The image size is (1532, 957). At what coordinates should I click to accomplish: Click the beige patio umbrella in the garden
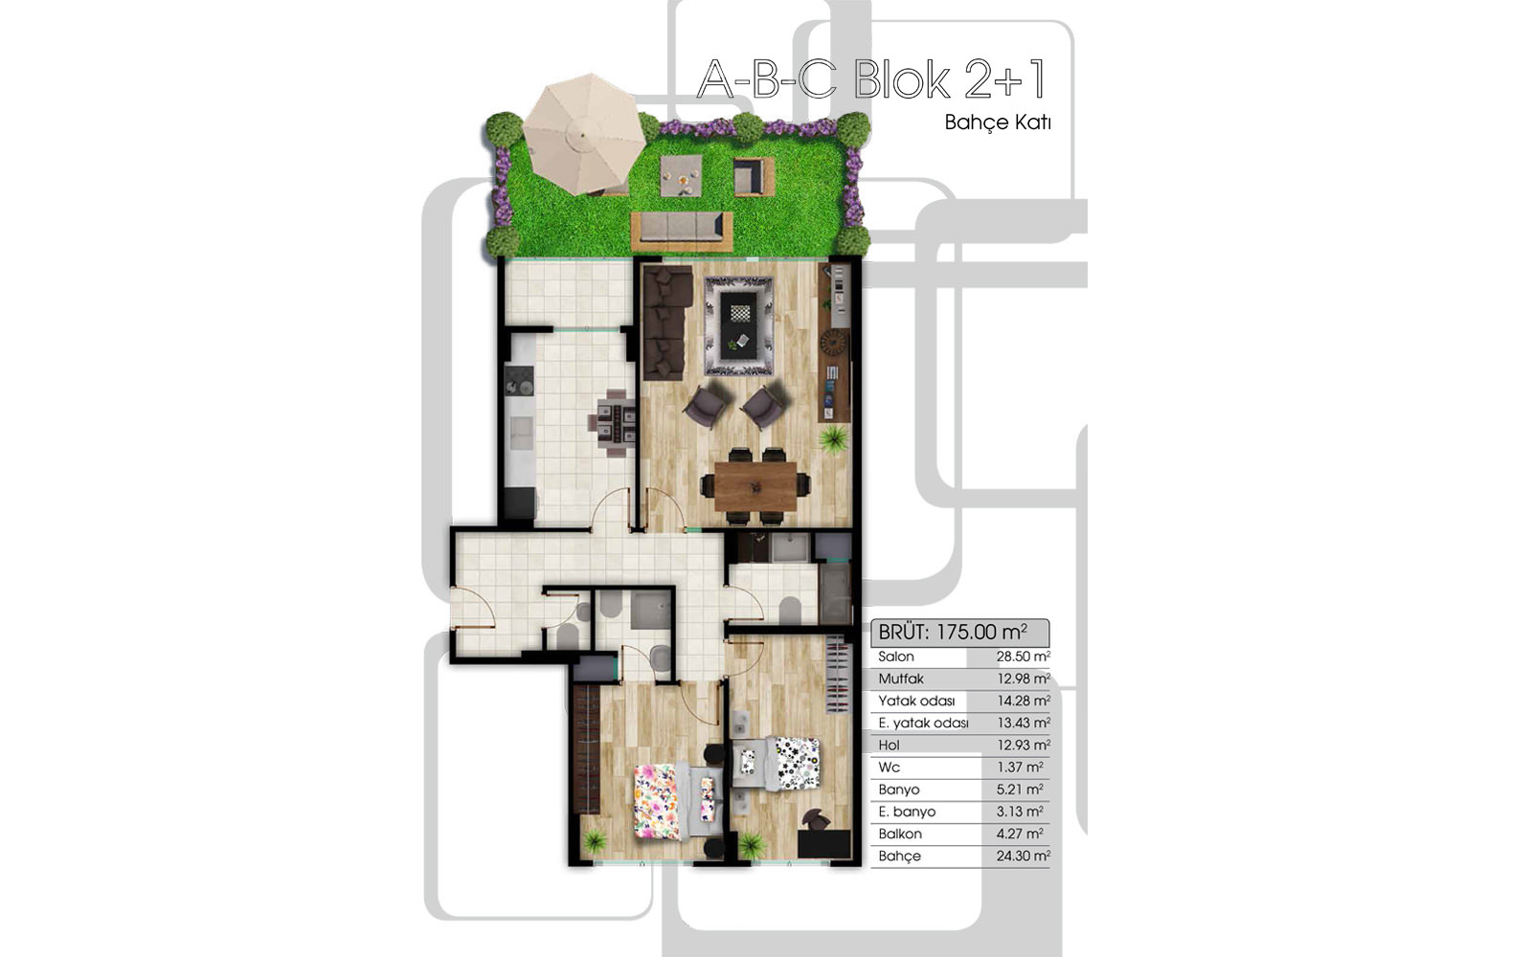[583, 135]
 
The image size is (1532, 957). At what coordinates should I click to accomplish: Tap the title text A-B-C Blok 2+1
[872, 80]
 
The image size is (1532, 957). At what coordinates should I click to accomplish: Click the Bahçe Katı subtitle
[997, 122]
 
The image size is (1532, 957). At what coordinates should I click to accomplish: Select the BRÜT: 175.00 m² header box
[959, 633]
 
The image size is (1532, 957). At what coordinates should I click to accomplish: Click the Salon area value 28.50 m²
[1024, 657]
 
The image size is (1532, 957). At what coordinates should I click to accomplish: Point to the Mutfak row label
[901, 679]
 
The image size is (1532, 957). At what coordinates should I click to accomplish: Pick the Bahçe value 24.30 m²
[1024, 856]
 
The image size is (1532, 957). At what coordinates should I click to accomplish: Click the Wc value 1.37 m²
[1020, 767]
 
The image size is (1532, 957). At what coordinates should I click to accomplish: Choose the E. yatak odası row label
[923, 723]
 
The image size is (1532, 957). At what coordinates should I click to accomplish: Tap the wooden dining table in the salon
[755, 486]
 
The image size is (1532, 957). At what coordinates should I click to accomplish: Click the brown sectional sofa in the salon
[666, 323]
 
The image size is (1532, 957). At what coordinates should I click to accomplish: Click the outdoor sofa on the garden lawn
[682, 231]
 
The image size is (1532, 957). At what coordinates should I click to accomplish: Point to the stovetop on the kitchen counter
[519, 382]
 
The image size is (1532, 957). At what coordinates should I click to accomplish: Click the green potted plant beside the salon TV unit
[833, 438]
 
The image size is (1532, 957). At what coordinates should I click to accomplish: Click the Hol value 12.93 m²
[1024, 746]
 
